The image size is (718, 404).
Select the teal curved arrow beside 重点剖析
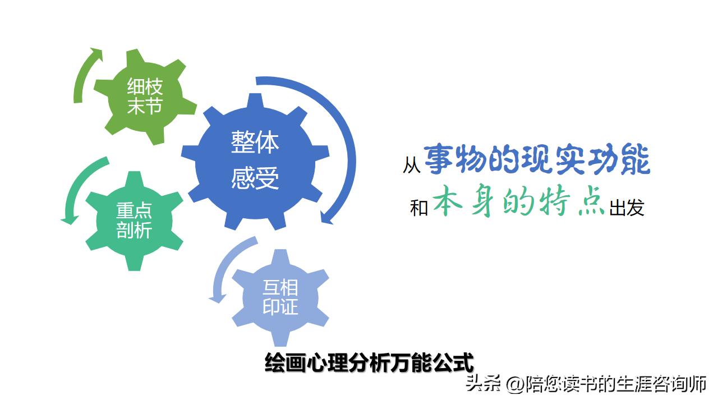coord(76,191)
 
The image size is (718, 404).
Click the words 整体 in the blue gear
coord(255,143)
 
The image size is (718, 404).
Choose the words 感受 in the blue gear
coord(255,180)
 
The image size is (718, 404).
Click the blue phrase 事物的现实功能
coord(537,160)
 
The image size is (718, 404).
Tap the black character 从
coord(411,166)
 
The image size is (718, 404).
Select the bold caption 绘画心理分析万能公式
coord(369,362)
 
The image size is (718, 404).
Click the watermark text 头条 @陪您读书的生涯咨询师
coord(586,385)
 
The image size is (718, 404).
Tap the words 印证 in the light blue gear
coord(280,307)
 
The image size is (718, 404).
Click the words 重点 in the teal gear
coord(134,211)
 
